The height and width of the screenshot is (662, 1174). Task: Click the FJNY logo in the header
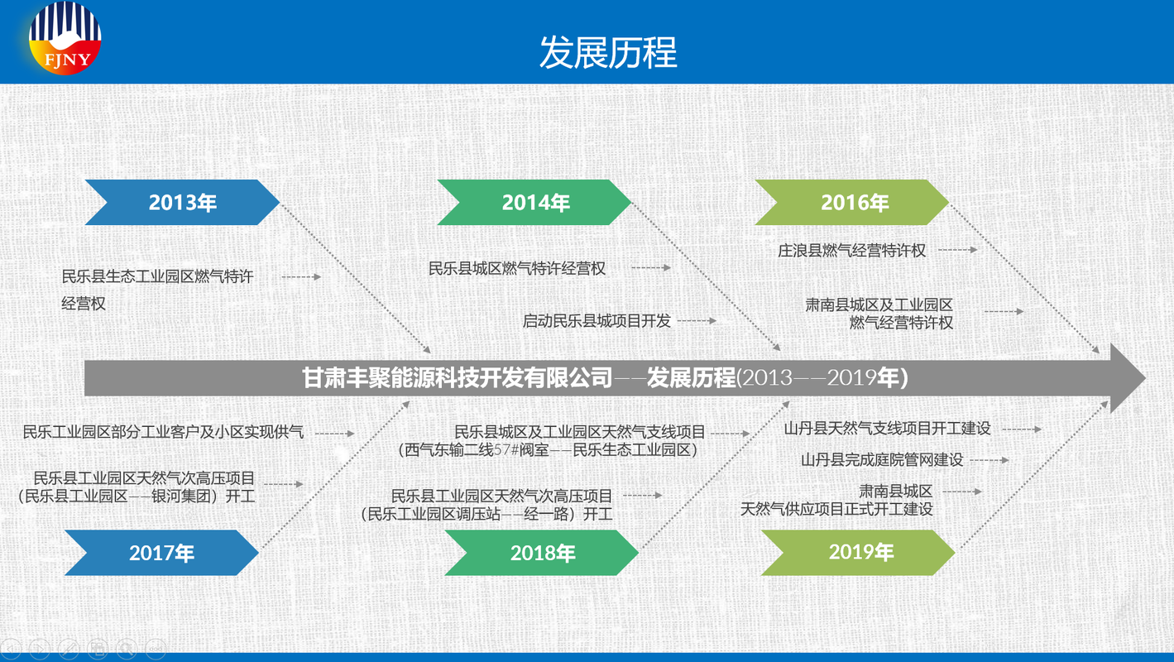coord(65,38)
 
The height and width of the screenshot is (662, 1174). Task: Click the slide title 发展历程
coord(608,52)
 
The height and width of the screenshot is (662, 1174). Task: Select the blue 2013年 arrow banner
coord(182,202)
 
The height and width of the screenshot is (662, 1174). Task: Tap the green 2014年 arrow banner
coord(534,202)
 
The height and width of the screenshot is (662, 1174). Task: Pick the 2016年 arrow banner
coord(852,202)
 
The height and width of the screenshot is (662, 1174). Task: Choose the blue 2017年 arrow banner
coord(161,553)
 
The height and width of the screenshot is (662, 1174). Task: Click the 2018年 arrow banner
coord(542,553)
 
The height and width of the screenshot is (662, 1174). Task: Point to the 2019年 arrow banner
coord(859,553)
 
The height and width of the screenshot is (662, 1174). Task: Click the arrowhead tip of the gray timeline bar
coord(1146,378)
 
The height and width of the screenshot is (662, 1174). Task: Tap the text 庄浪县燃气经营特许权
coord(851,251)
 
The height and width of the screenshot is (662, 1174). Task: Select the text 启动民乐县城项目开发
coord(597,321)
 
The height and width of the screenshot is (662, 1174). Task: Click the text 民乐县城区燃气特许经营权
coord(517,268)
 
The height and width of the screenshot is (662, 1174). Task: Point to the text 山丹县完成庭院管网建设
coord(882,460)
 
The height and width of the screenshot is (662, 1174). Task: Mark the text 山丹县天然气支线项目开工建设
coord(887,429)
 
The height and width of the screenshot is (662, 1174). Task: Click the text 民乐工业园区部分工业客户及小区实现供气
coord(163,432)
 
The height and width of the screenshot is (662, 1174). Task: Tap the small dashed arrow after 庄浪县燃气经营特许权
coord(957,250)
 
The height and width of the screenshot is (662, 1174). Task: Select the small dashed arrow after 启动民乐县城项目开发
coord(697,321)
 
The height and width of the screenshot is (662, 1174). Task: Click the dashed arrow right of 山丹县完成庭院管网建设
coord(990,461)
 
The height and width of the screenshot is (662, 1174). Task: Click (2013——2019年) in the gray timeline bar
coord(822,378)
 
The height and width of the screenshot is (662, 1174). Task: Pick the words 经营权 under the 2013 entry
coord(84,304)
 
